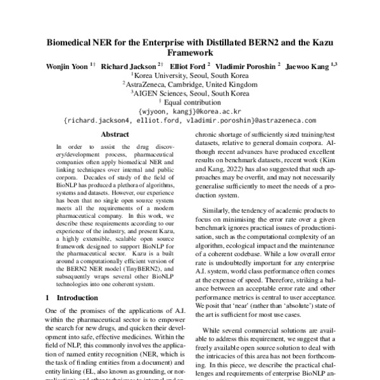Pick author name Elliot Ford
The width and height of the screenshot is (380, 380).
(x=189, y=66)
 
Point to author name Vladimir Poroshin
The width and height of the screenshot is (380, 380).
(x=244, y=66)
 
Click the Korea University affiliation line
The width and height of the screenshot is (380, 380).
(x=190, y=75)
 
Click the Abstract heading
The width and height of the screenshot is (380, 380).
(x=115, y=134)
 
